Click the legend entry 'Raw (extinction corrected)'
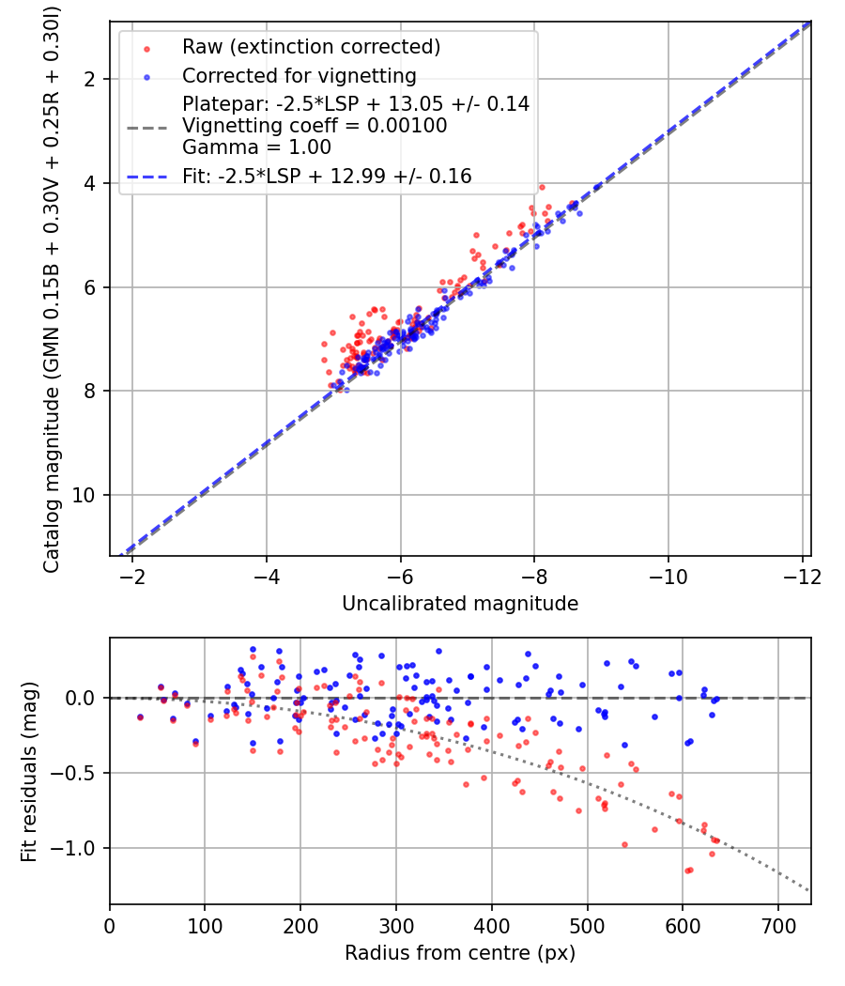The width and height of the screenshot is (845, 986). [x=311, y=47]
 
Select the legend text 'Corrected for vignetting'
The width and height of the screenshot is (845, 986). [x=300, y=76]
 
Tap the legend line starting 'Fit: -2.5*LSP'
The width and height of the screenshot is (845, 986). [x=327, y=177]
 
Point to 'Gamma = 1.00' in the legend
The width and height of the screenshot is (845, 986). [x=256, y=147]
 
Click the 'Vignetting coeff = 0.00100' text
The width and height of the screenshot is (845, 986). [x=315, y=126]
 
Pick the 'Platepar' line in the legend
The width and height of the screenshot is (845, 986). [x=356, y=103]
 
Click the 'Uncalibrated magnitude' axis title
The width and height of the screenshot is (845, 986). [x=460, y=604]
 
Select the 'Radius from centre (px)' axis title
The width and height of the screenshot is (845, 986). [x=460, y=953]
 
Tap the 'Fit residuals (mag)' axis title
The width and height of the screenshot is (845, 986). [x=29, y=772]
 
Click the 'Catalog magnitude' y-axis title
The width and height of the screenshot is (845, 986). [x=52, y=290]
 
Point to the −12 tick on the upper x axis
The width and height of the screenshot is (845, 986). [x=802, y=576]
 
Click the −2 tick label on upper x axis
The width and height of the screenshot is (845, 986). [x=132, y=576]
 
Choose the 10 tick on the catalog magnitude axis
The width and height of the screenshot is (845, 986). [x=83, y=496]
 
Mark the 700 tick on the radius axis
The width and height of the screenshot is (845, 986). [x=778, y=926]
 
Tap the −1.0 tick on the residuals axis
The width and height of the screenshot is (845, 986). [x=73, y=848]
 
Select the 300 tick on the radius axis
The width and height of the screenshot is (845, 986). [x=396, y=926]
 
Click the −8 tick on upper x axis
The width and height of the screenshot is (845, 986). [x=534, y=576]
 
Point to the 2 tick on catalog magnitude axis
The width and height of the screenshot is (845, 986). [x=90, y=79]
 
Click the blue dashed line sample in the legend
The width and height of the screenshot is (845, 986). [x=147, y=177]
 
